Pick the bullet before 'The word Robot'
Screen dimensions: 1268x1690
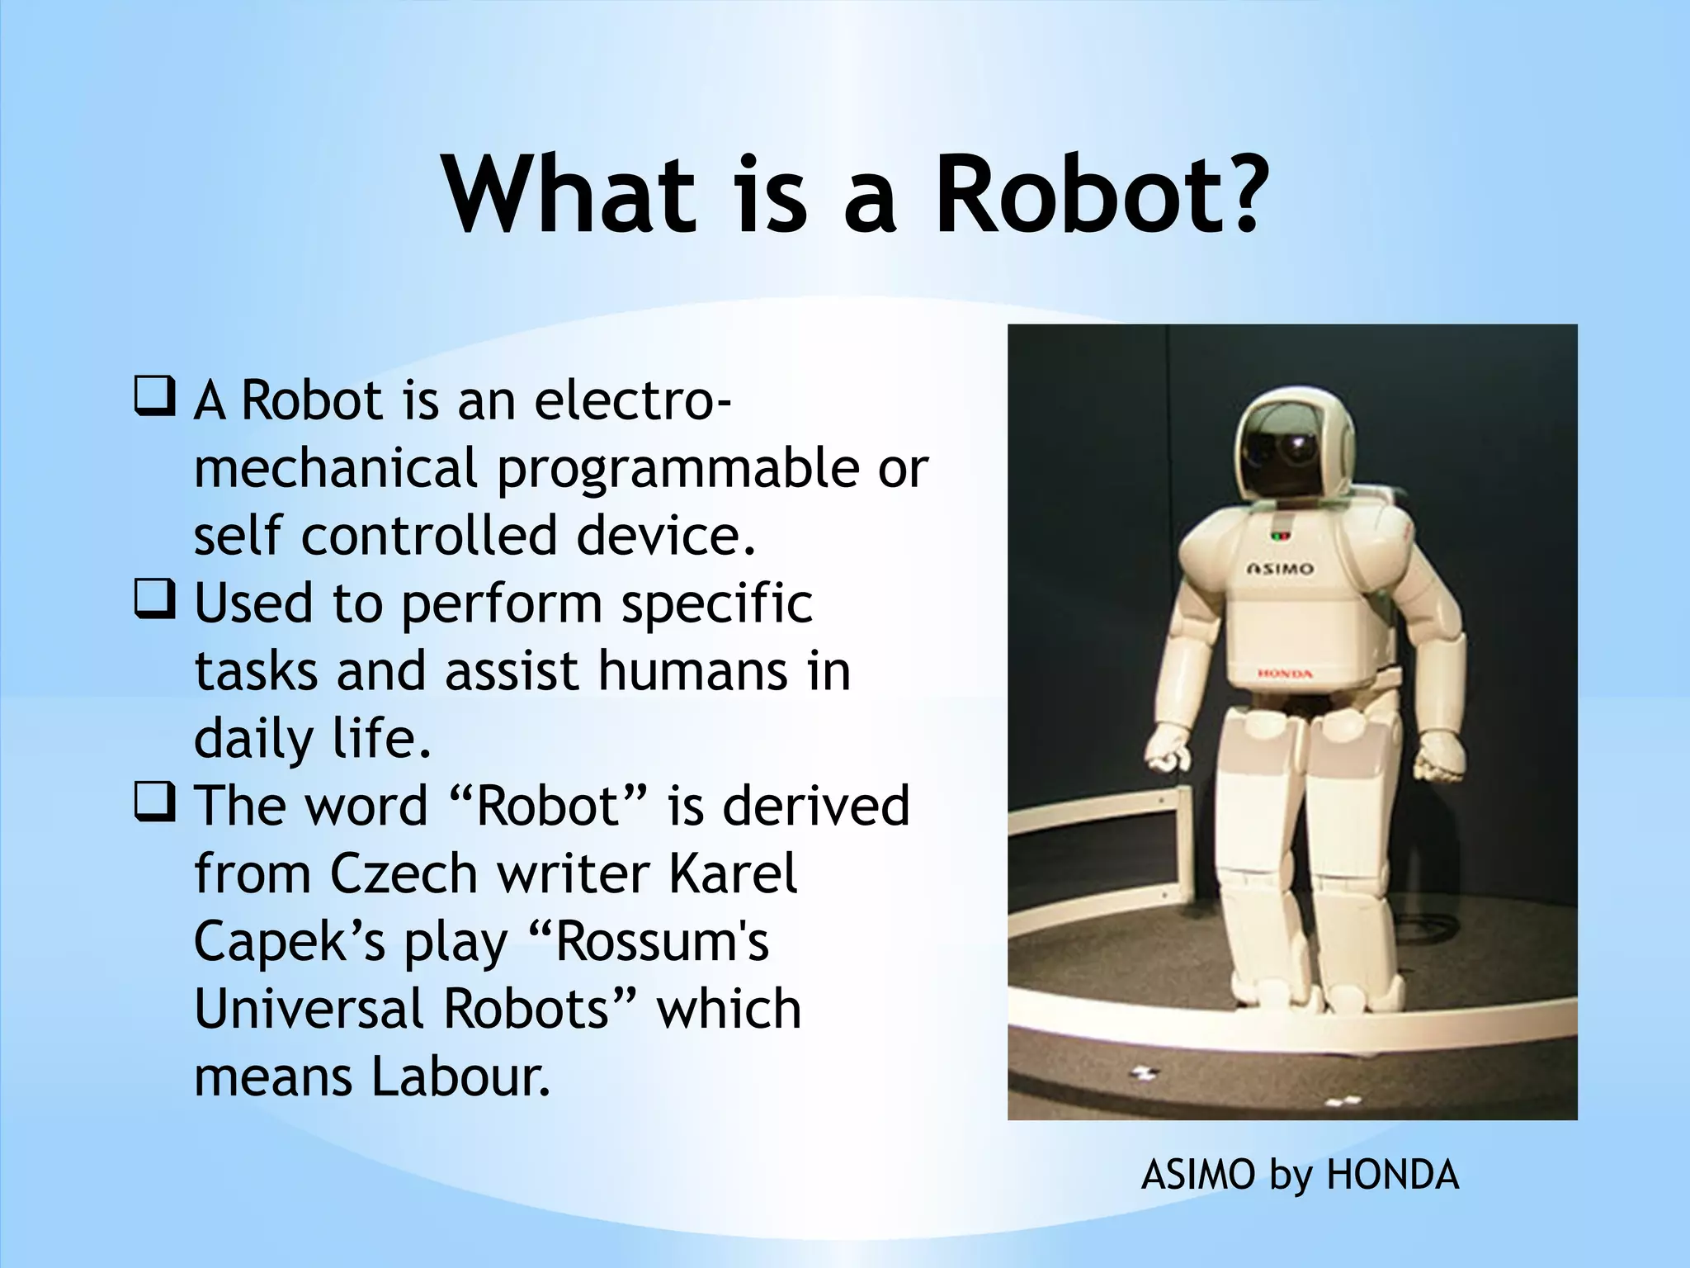[153, 803]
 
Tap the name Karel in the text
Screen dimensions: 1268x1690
[733, 873]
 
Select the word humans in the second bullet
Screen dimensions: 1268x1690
[693, 670]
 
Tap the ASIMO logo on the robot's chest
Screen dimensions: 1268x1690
[1279, 569]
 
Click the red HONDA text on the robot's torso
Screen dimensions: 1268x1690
[1285, 674]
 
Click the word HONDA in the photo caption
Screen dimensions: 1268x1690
[1392, 1175]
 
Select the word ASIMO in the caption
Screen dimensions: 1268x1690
[1197, 1175]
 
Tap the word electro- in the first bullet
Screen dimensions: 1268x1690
[632, 400]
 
